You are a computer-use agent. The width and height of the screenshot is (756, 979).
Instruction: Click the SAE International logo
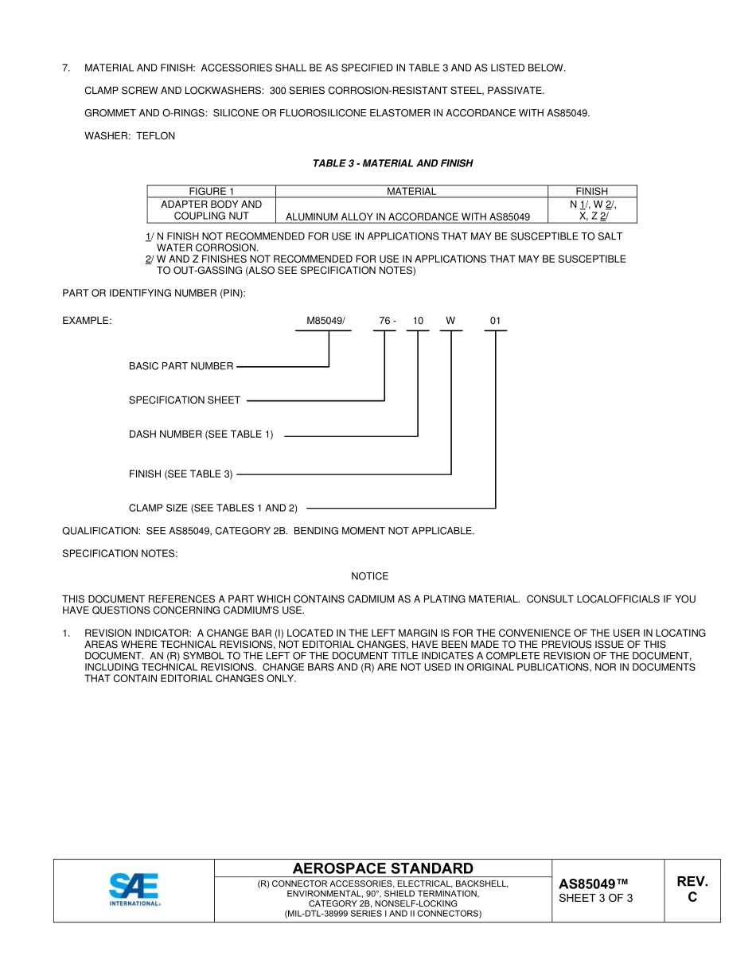(134, 890)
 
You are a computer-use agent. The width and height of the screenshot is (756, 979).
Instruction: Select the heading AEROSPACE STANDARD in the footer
(383, 868)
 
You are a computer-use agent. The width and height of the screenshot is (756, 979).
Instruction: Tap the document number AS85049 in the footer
(593, 884)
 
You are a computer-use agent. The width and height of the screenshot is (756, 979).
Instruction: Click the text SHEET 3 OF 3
(596, 899)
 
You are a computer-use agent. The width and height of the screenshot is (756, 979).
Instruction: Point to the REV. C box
(692, 889)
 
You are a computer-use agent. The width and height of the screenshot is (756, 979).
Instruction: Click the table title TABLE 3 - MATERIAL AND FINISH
(392, 163)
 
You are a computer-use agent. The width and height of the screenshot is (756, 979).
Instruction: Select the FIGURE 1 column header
(211, 191)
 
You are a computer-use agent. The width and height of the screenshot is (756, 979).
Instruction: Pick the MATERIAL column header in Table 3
(411, 191)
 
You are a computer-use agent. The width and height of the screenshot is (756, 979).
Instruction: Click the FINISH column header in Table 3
(591, 191)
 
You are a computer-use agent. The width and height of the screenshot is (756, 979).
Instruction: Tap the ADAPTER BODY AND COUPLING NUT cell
(211, 210)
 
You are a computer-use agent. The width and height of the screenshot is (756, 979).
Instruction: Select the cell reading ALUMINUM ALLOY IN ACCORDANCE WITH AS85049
(407, 216)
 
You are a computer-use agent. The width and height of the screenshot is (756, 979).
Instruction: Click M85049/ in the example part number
(325, 321)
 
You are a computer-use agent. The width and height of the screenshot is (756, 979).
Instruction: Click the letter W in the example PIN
(450, 321)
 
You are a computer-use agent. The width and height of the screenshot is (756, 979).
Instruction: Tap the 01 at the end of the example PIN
(495, 321)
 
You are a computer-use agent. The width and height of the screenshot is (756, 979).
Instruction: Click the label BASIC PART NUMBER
(181, 366)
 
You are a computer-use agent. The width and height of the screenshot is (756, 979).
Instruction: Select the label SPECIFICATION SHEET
(184, 400)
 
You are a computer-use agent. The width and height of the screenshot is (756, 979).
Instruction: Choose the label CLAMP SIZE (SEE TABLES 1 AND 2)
(212, 508)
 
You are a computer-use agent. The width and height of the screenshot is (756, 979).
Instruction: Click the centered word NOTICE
(370, 576)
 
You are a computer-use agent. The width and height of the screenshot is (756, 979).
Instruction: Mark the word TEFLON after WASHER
(155, 136)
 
